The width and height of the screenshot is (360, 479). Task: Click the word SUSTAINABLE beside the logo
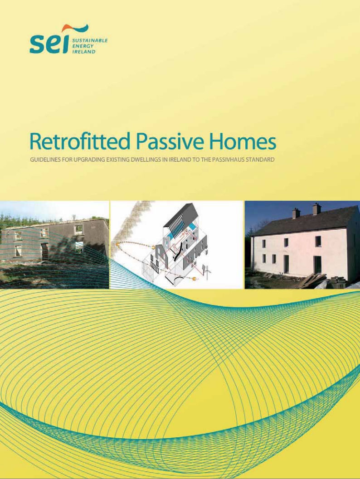(x=89, y=40)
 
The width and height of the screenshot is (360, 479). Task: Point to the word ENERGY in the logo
(x=82, y=46)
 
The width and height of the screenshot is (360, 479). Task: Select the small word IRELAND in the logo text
(x=83, y=51)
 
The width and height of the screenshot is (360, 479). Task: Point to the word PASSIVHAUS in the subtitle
(x=230, y=160)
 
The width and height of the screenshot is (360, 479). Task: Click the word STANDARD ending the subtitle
(x=261, y=160)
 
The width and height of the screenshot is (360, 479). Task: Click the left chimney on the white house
(x=296, y=213)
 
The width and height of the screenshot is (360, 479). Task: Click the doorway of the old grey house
(x=45, y=252)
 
